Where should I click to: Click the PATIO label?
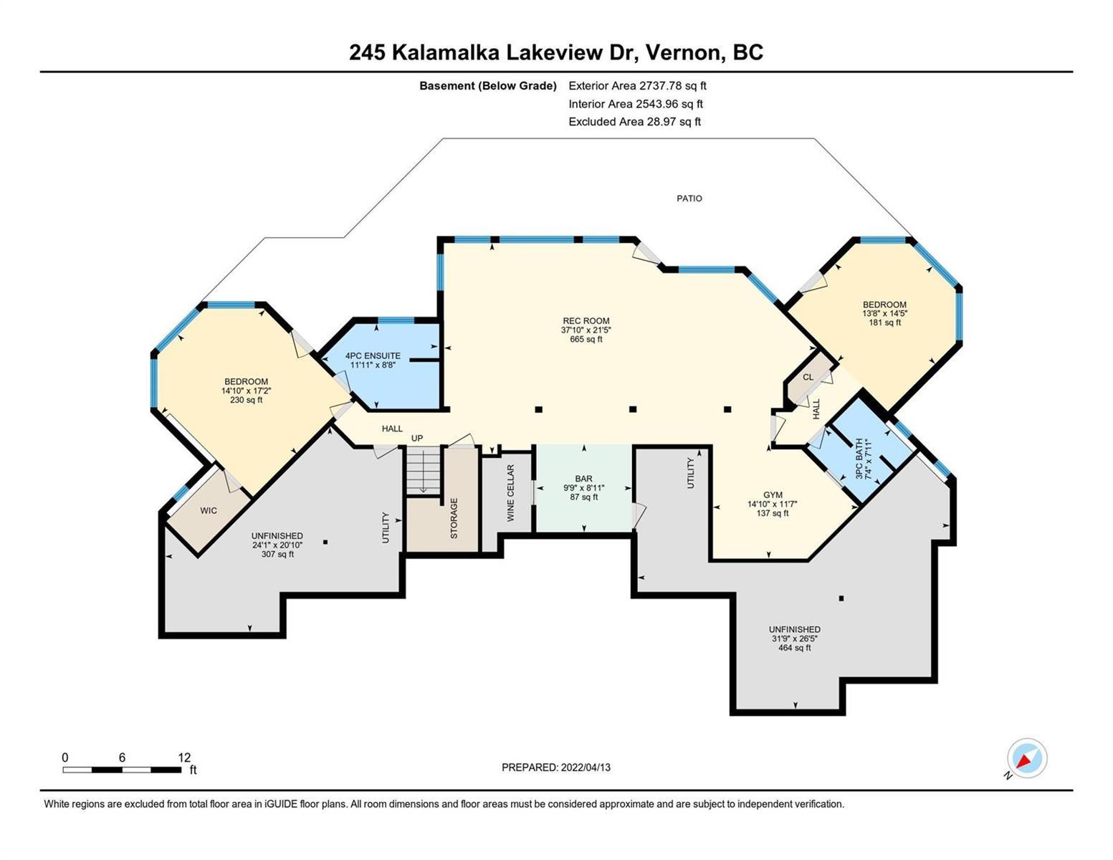point(689,199)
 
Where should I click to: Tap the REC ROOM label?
point(586,321)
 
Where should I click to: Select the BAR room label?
point(584,479)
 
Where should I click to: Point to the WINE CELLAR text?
point(510,493)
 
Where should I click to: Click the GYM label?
point(773,494)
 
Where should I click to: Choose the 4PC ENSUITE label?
point(373,356)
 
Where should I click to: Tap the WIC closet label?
point(209,511)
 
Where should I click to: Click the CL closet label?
point(808,377)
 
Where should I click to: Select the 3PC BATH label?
point(859,459)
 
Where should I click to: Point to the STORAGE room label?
point(454,518)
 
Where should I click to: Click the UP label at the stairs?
point(417,439)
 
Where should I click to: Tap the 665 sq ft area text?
point(586,339)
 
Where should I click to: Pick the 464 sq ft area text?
point(794,647)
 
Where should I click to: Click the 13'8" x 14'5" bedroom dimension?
point(884,313)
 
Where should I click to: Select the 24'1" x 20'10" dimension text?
point(277,545)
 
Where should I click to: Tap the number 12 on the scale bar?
point(184,757)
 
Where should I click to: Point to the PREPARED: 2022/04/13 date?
point(555,768)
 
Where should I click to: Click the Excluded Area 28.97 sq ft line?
point(634,122)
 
